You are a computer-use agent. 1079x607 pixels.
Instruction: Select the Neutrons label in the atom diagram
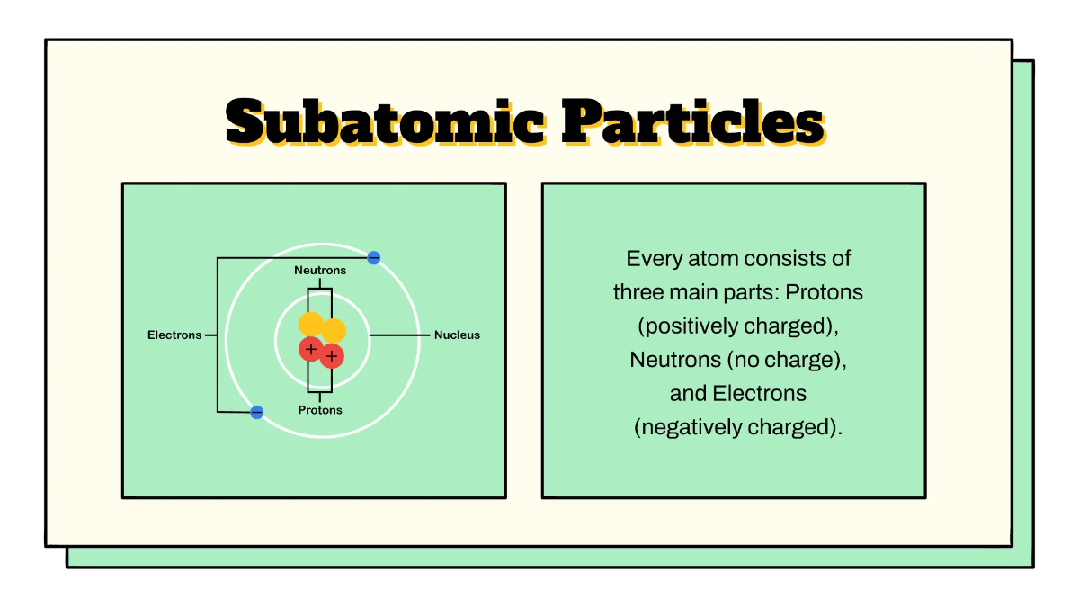pos(320,270)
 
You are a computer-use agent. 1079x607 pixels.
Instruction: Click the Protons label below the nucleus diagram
pos(320,410)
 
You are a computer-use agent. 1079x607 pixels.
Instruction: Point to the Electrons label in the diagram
pos(174,335)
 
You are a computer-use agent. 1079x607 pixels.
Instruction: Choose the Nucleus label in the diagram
pos(457,335)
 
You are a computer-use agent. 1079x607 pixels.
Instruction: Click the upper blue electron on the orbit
pos(374,258)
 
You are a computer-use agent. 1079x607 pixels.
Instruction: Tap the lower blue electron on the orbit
pos(257,412)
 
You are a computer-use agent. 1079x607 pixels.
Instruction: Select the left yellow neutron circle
pos(311,325)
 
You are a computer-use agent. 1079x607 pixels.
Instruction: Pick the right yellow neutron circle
pos(334,330)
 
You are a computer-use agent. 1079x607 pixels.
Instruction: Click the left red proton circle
pos(311,349)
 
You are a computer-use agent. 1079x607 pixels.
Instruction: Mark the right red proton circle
pos(332,356)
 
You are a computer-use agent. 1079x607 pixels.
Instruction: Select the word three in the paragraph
pos(639,292)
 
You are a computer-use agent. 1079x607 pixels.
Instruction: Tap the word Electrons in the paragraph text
pos(760,394)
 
